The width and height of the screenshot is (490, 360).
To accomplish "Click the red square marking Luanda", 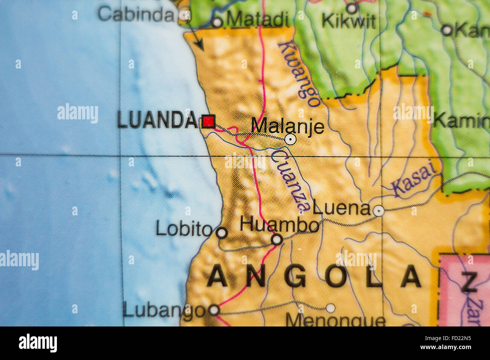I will (208, 121).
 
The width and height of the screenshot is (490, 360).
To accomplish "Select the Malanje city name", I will (287, 126).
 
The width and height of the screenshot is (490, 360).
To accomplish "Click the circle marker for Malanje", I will (290, 140).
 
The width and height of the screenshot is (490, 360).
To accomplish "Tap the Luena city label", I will (341, 208).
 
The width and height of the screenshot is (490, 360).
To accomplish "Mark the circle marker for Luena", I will (378, 211).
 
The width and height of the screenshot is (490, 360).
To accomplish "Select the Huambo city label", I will (279, 225).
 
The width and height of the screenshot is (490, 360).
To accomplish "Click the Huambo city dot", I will (277, 239).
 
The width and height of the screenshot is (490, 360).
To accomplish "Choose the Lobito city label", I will (184, 229).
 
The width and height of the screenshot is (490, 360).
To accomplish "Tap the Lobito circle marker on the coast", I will (222, 233).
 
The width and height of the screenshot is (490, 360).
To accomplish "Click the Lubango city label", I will (164, 310).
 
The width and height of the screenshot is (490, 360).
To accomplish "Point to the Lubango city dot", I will (214, 310).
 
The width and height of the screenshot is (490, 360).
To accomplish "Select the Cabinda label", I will (136, 14).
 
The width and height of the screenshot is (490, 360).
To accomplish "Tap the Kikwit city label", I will (348, 21).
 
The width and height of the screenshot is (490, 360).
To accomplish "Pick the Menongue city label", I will (335, 321).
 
